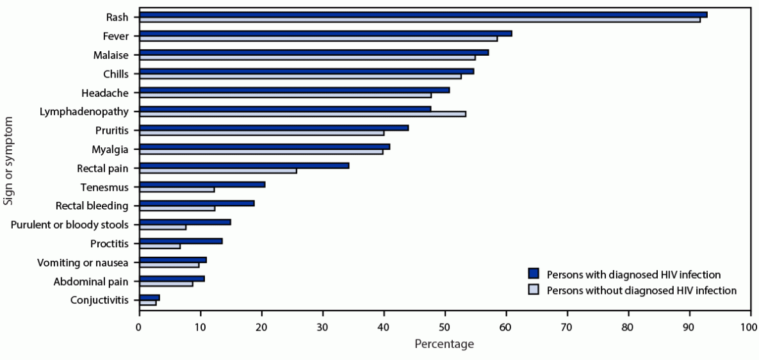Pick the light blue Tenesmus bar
click(177, 189)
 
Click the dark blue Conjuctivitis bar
click(149, 298)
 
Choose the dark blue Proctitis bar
click(181, 241)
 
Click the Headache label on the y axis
click(110, 92)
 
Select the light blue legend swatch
click(534, 290)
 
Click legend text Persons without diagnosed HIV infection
click(641, 290)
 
